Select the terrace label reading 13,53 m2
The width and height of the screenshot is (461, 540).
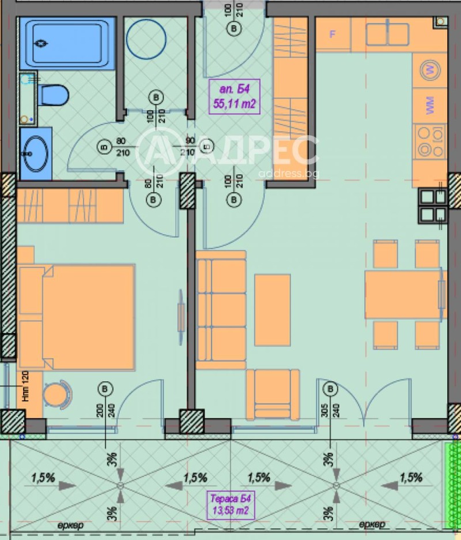[229, 504]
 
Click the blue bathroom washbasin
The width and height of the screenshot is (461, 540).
[35, 153]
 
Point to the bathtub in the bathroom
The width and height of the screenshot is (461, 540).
[65, 43]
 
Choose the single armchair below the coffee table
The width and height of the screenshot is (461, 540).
[273, 394]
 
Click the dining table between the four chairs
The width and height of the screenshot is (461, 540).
[403, 295]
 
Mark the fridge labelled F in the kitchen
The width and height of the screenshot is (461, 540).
[333, 34]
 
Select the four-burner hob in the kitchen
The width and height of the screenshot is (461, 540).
[430, 141]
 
